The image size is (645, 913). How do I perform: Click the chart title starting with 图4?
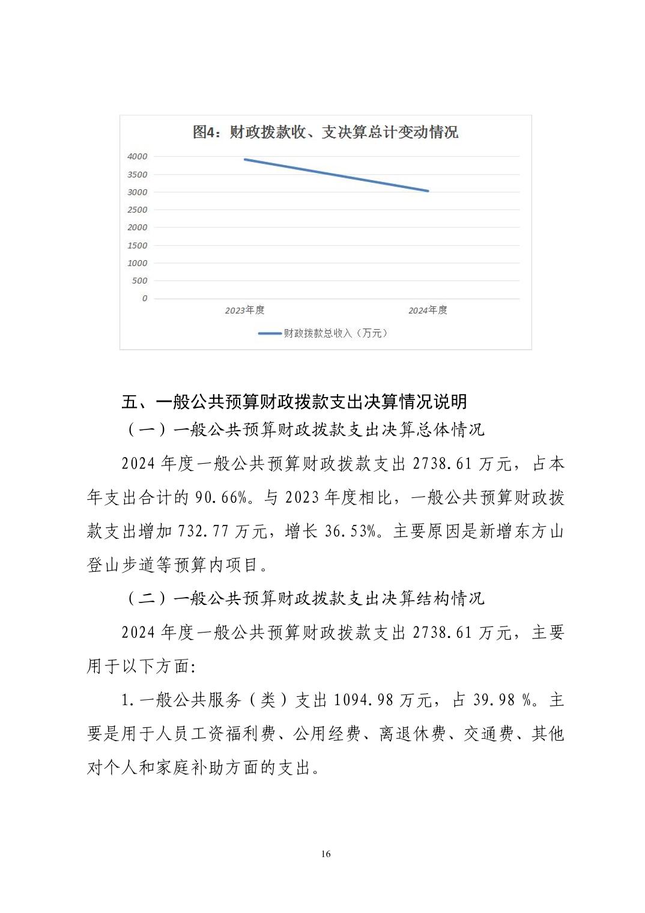pyautogui.click(x=325, y=132)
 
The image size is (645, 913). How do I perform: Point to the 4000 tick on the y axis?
pyautogui.click(x=137, y=157)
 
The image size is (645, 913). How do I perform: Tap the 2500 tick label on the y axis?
pyautogui.click(x=137, y=210)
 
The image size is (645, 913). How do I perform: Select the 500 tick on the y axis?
pyautogui.click(x=139, y=281)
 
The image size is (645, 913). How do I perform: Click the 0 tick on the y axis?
pyautogui.click(x=144, y=299)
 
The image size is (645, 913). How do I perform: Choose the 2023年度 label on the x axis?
pyautogui.click(x=244, y=311)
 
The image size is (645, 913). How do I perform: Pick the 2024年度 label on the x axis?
pyautogui.click(x=428, y=311)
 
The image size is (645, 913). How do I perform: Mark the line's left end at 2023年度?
pyautogui.click(x=244, y=159)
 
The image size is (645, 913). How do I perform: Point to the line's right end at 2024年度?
pyautogui.click(x=428, y=191)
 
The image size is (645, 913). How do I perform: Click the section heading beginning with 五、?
pyautogui.click(x=294, y=401)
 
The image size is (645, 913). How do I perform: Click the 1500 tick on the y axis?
pyautogui.click(x=137, y=245)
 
